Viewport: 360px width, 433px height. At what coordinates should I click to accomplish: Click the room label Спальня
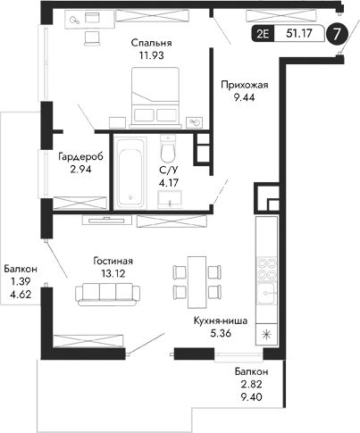pyautogui.click(x=150, y=42)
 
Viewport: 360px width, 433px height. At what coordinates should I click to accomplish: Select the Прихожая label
pyautogui.click(x=245, y=85)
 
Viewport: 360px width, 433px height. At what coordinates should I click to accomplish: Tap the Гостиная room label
pyautogui.click(x=117, y=261)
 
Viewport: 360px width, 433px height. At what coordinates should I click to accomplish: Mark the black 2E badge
pyautogui.click(x=263, y=37)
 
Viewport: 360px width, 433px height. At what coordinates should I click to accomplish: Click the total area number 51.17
pyautogui.click(x=296, y=37)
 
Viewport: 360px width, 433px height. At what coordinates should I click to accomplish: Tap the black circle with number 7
pyautogui.click(x=336, y=36)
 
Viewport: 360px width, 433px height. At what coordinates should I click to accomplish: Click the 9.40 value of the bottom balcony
pyautogui.click(x=249, y=399)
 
